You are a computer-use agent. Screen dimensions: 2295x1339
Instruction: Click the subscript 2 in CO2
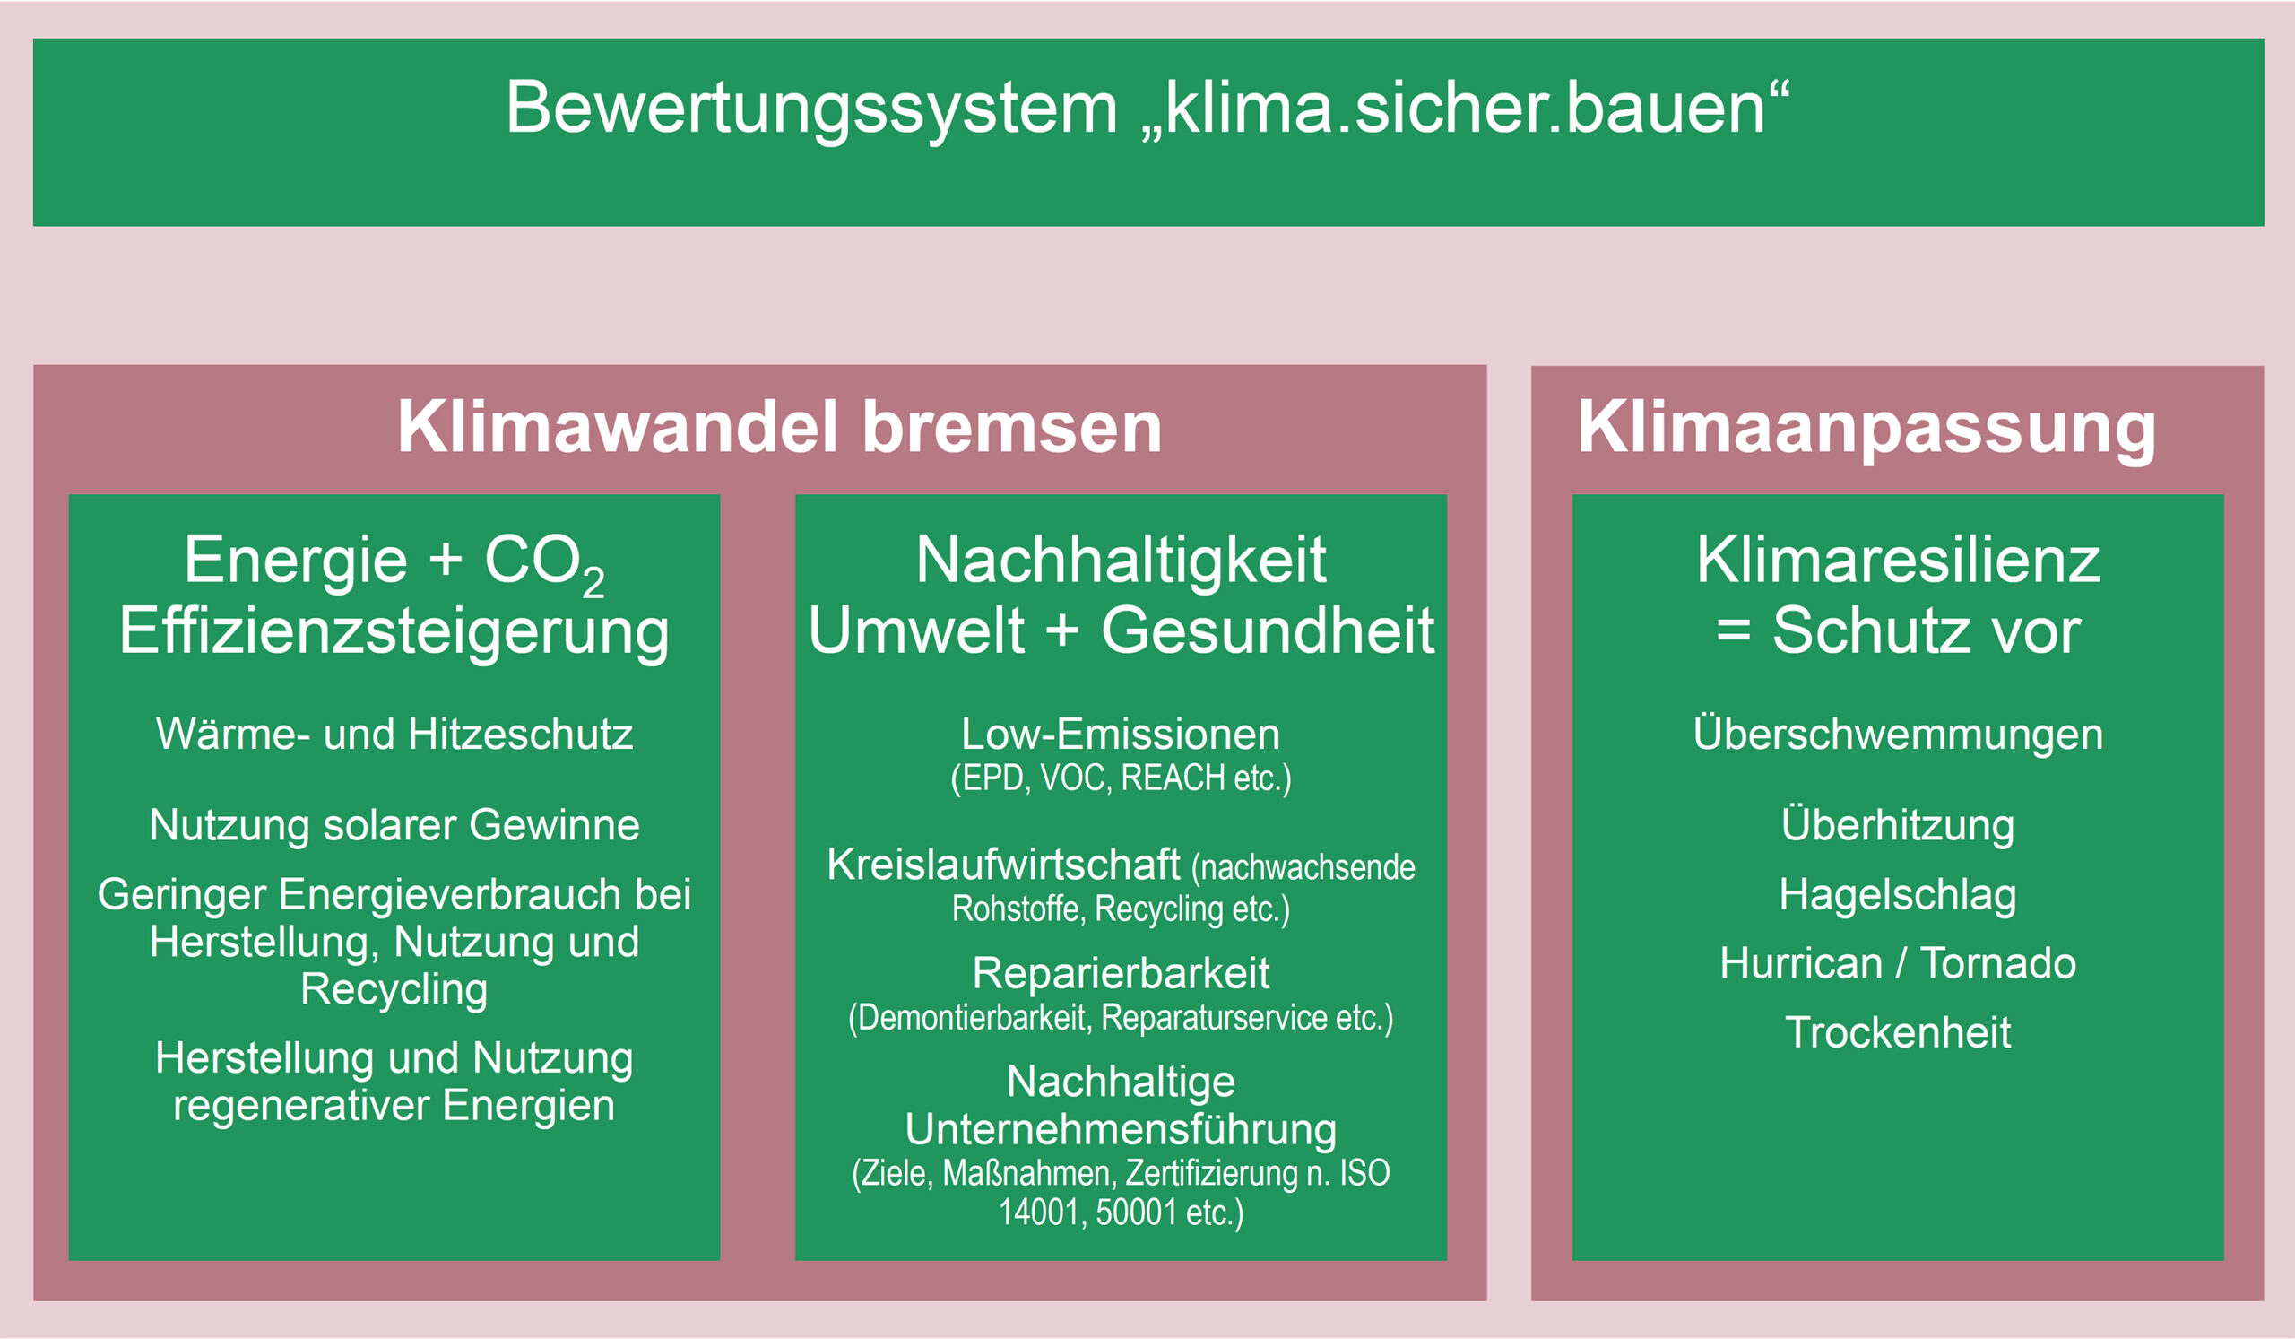[x=593, y=582]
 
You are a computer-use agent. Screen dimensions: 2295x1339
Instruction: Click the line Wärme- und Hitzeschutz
[x=394, y=735]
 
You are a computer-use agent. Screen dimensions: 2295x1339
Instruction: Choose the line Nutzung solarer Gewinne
[x=394, y=825]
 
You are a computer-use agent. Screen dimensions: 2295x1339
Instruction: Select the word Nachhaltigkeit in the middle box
[x=1122, y=561]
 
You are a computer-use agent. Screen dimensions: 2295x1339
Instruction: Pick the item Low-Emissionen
[x=1122, y=735]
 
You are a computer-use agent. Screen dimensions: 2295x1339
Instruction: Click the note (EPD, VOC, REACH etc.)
[x=1122, y=778]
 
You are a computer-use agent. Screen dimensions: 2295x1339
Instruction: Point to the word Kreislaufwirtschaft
[x=1003, y=865]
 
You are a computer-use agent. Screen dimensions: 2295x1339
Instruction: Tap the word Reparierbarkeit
[x=1122, y=974]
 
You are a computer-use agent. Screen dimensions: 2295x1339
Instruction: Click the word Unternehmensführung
[x=1122, y=1130]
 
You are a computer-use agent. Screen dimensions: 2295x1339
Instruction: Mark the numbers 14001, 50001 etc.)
[x=1122, y=1213]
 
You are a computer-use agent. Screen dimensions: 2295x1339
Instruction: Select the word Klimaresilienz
[x=1898, y=561]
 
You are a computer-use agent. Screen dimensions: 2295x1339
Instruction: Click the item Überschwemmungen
[x=1898, y=735]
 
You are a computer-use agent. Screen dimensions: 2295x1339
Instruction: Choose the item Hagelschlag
[x=1898, y=895]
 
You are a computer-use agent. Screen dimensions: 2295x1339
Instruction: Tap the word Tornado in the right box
[x=1998, y=964]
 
